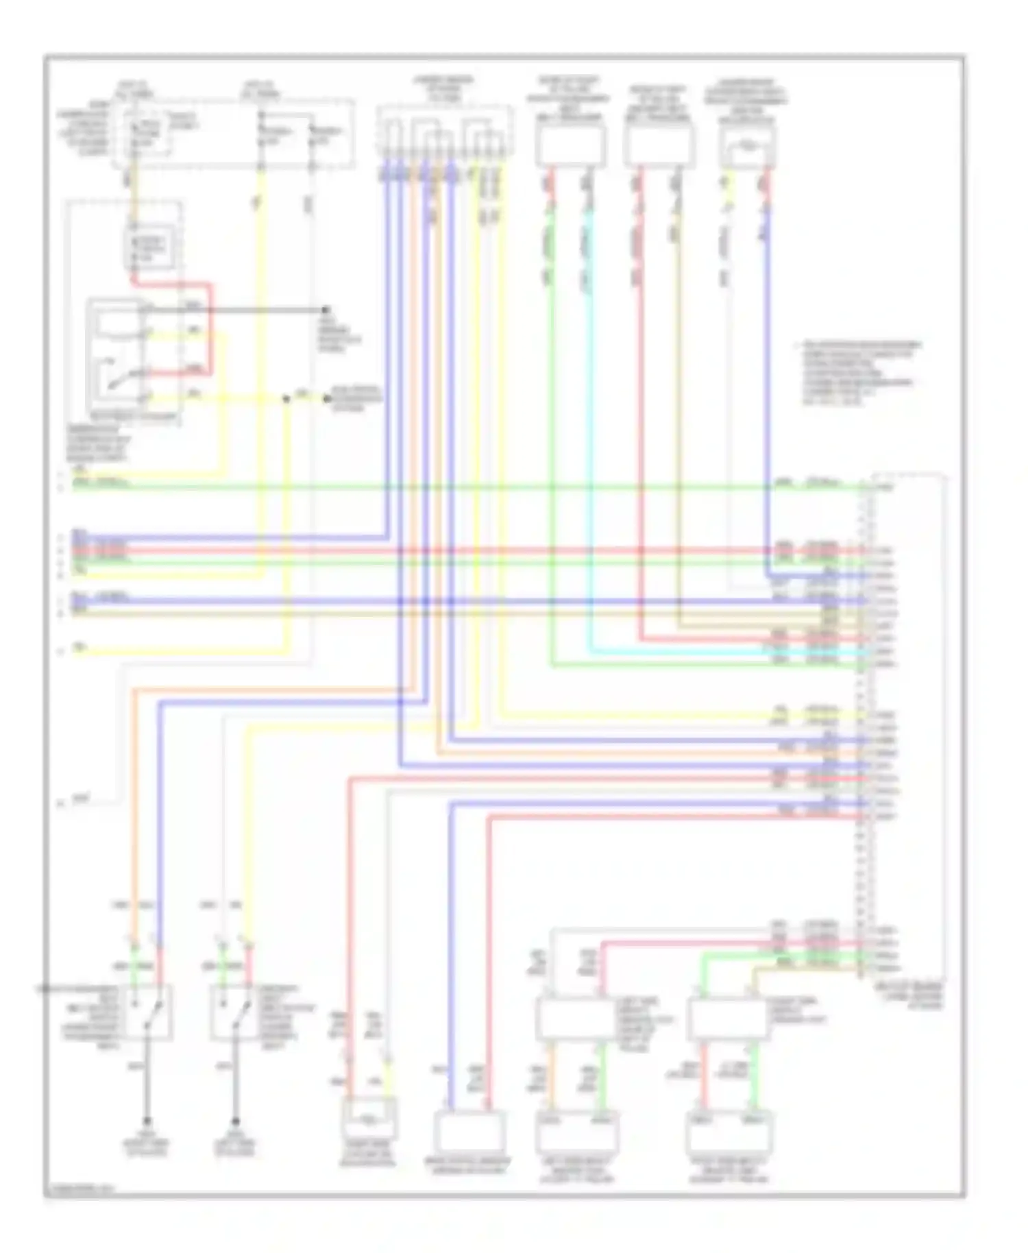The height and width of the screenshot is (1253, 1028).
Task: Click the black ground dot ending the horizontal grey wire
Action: [326, 310]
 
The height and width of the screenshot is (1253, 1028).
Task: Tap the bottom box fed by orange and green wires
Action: [576, 1131]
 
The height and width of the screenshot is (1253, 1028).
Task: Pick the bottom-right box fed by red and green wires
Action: [729, 1131]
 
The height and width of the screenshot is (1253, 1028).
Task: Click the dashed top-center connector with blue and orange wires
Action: [445, 134]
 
